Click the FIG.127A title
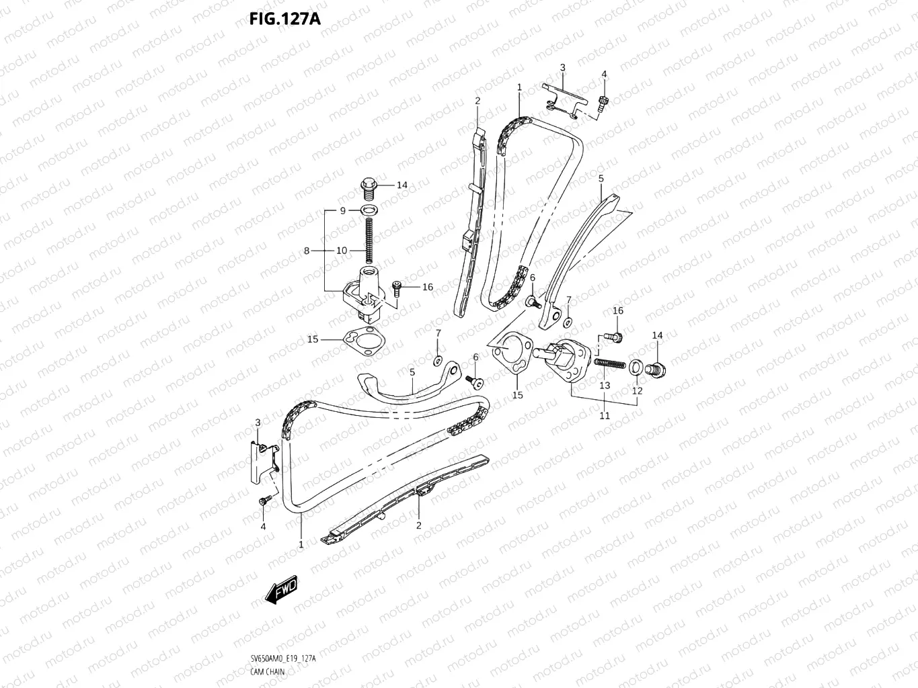284,18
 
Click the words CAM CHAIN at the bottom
266,671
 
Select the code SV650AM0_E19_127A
282,659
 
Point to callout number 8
307,251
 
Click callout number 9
342,210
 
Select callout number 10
342,251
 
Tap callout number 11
605,416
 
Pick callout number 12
637,390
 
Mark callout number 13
605,385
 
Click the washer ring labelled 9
369,211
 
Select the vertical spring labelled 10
369,241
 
